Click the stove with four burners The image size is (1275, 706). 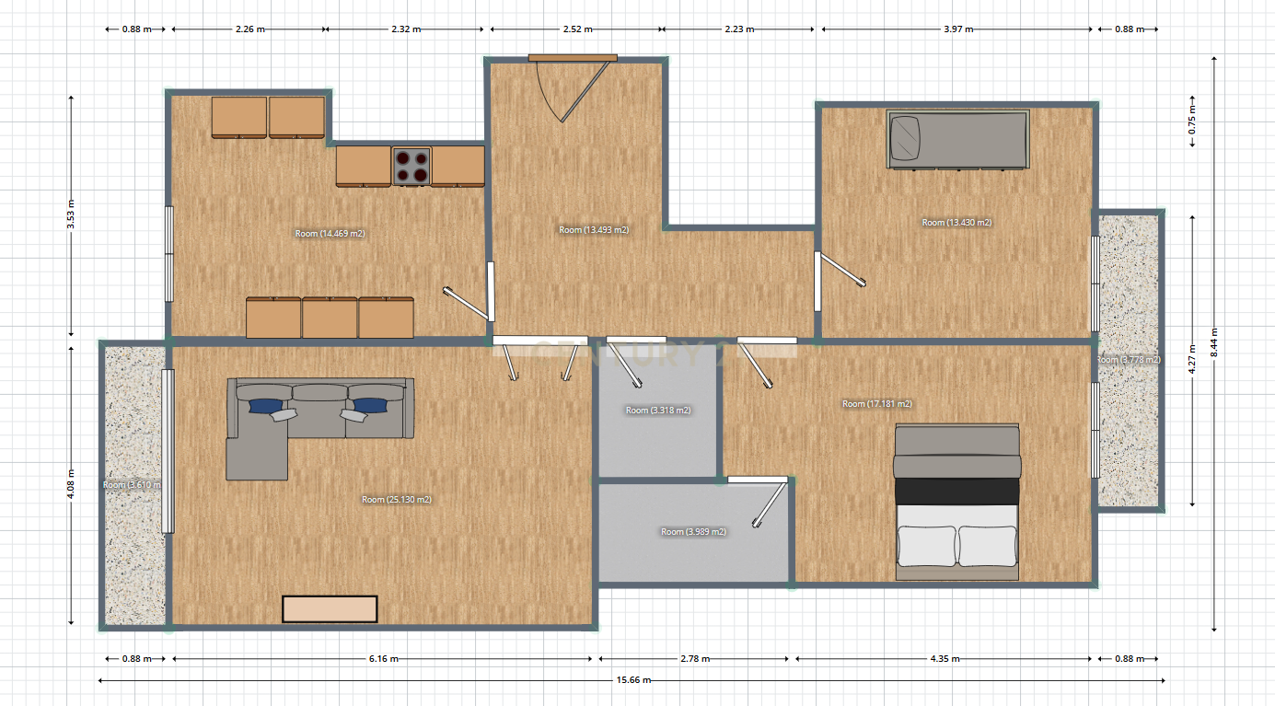click(x=411, y=166)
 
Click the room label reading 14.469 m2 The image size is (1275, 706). click(x=330, y=234)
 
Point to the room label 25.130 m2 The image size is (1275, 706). click(x=397, y=500)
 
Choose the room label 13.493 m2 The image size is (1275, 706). click(x=594, y=229)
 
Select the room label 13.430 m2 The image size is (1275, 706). click(x=956, y=223)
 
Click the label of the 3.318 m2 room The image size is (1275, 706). click(x=658, y=411)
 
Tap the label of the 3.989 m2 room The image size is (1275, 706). click(x=693, y=532)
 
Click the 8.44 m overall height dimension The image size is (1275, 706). click(x=1215, y=342)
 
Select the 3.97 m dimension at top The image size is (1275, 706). click(x=957, y=29)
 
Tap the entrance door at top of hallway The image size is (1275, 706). click(x=572, y=59)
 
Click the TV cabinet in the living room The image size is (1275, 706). click(x=330, y=609)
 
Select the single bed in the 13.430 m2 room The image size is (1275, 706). click(x=957, y=140)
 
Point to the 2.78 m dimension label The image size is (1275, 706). click(x=693, y=659)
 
